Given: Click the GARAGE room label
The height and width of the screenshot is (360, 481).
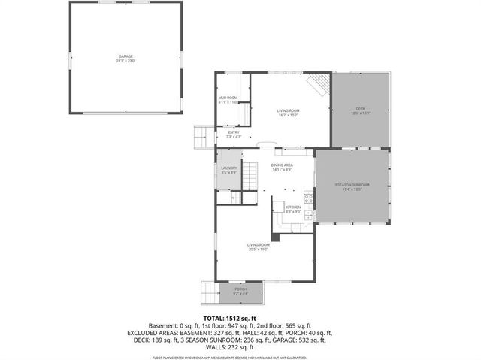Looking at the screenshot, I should tap(125, 56).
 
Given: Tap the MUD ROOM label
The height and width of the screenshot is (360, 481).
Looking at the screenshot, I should tap(228, 98).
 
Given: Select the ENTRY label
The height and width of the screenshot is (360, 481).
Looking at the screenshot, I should tap(234, 132).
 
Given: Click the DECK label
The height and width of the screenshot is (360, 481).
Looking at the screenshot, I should tap(361, 110).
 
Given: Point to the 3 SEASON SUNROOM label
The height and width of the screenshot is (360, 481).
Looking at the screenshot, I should tap(352, 185).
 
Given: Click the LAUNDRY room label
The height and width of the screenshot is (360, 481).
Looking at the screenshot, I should tap(229, 168).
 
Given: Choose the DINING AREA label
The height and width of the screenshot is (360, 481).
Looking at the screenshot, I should tap(282, 165).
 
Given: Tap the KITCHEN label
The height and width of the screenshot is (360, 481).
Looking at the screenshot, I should tap(293, 207).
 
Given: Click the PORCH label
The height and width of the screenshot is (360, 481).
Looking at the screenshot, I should tap(240, 289).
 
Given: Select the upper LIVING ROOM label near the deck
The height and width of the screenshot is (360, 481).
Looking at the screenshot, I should tap(289, 110).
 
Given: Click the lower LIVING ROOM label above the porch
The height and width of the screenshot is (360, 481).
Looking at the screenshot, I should tap(259, 244).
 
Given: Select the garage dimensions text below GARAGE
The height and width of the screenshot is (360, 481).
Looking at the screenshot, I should tap(125, 61).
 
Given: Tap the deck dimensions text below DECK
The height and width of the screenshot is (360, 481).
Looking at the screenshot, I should tap(361, 114).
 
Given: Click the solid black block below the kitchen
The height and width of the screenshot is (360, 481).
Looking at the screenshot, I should tap(275, 237).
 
